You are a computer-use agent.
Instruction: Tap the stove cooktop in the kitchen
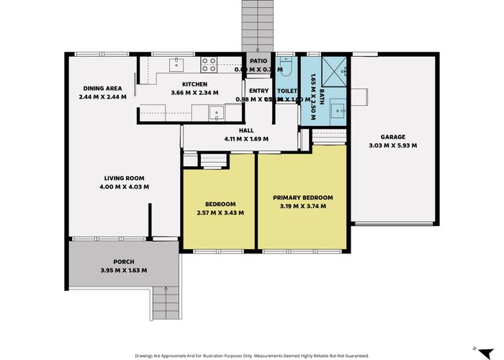[x=208, y=66]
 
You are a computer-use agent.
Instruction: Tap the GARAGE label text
[x=393, y=137]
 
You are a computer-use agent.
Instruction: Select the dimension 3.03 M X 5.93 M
[x=393, y=145]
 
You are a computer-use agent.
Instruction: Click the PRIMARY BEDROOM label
[x=302, y=197]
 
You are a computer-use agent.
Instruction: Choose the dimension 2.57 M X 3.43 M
[x=220, y=213]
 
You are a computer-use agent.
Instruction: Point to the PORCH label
[x=124, y=261]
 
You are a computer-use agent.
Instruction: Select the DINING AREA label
[x=102, y=88]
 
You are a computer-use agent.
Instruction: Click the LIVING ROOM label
[x=125, y=178]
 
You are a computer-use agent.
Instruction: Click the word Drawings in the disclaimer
[x=148, y=355]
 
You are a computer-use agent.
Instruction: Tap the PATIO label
[x=258, y=61]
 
